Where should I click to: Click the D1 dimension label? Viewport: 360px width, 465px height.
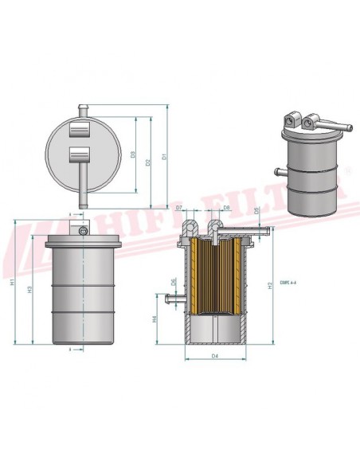pyautogui.click(x=165, y=156)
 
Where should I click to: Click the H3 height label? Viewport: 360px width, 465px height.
pyautogui.click(x=29, y=291)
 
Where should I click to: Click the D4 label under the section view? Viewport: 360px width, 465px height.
pyautogui.click(x=216, y=356)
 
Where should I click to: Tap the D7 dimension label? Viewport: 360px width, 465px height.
pyautogui.click(x=179, y=208)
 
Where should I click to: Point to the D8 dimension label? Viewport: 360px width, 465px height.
pyautogui.click(x=227, y=208)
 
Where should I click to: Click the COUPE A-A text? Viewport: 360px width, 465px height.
pyautogui.click(x=290, y=281)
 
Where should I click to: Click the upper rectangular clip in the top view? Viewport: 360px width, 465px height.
pyautogui.click(x=81, y=131)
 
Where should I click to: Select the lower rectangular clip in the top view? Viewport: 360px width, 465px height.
pyautogui.click(x=81, y=153)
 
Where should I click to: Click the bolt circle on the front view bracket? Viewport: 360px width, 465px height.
pyautogui.click(x=83, y=231)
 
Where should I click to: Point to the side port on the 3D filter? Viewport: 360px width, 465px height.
pyautogui.click(x=277, y=169)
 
